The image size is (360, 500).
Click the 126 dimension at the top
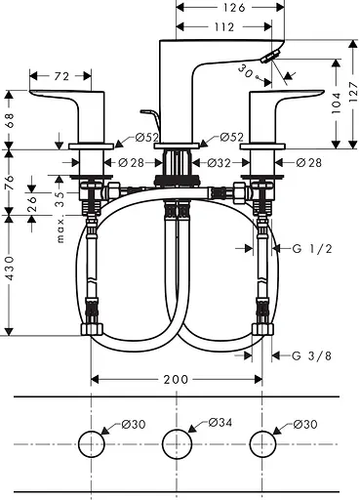click(234, 7)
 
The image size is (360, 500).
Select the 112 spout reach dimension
click(224, 27)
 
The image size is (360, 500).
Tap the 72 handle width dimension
click(61, 76)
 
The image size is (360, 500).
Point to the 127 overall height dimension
click(353, 92)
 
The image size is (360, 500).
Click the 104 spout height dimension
click(336, 103)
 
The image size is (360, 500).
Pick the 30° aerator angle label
click(247, 72)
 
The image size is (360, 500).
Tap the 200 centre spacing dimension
click(176, 379)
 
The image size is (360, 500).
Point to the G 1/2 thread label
click(312, 249)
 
